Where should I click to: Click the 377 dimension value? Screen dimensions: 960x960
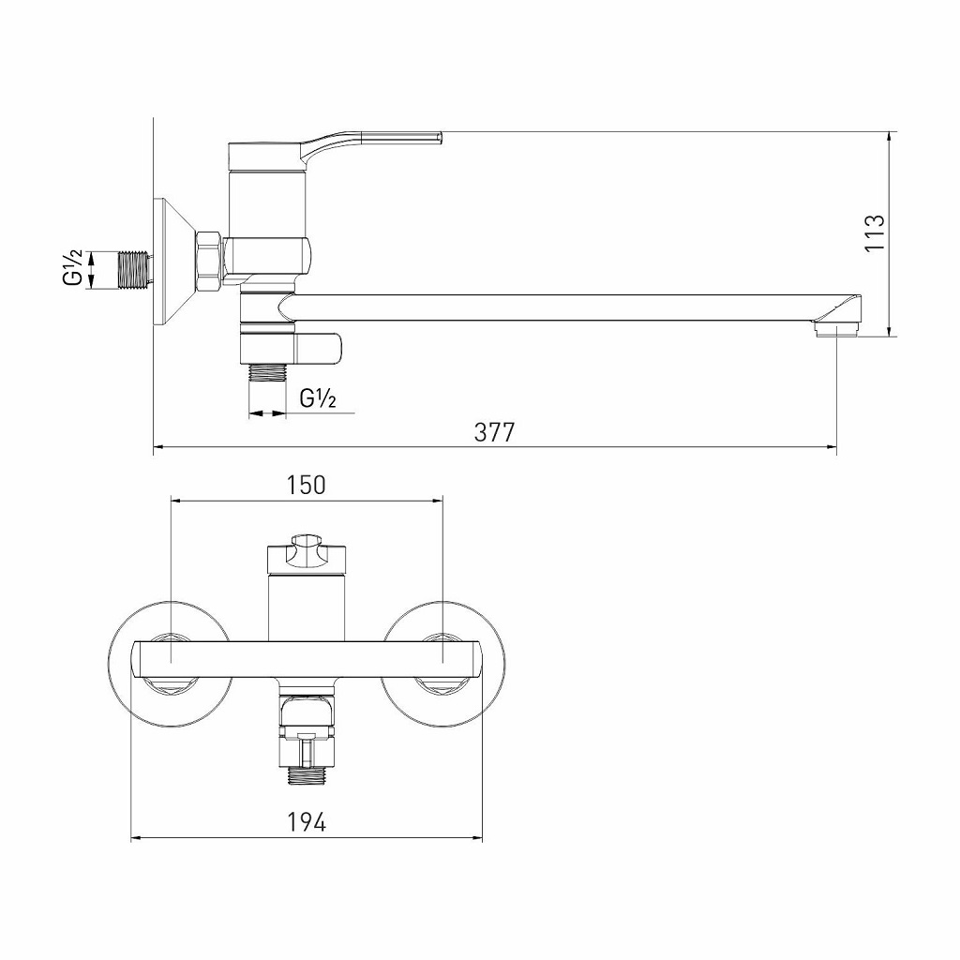(x=494, y=432)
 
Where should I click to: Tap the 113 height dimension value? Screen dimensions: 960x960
(x=874, y=232)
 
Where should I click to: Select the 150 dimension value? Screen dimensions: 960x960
(x=306, y=485)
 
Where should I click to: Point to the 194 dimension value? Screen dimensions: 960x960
(x=306, y=822)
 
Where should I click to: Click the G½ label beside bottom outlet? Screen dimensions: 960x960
(x=318, y=398)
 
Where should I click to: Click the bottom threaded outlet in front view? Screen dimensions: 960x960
(x=306, y=774)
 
